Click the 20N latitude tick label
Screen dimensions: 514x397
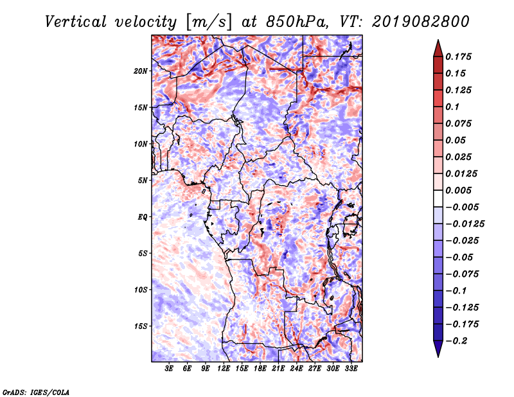coord(140,71)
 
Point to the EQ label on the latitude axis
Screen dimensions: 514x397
coord(142,217)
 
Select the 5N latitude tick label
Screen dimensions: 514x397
coord(143,181)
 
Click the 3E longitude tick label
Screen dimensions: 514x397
coord(168,369)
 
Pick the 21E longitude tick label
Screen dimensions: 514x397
coord(278,369)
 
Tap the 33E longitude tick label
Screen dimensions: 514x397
coord(351,369)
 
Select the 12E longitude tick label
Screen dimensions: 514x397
coord(223,369)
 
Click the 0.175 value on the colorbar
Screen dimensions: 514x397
coord(458,57)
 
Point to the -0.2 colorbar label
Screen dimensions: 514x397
coord(456,341)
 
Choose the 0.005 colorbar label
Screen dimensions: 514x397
coord(458,190)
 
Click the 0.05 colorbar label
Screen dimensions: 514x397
coord(456,140)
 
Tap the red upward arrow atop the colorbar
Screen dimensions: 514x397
coord(438,49)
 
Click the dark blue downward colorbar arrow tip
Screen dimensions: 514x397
coord(438,357)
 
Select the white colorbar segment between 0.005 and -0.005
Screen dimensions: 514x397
coord(438,198)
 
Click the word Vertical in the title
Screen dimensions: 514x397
coord(76,22)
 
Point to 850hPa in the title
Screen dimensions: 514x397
coord(296,22)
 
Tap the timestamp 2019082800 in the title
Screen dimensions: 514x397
coord(421,22)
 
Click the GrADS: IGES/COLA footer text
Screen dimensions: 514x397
coord(36,392)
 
